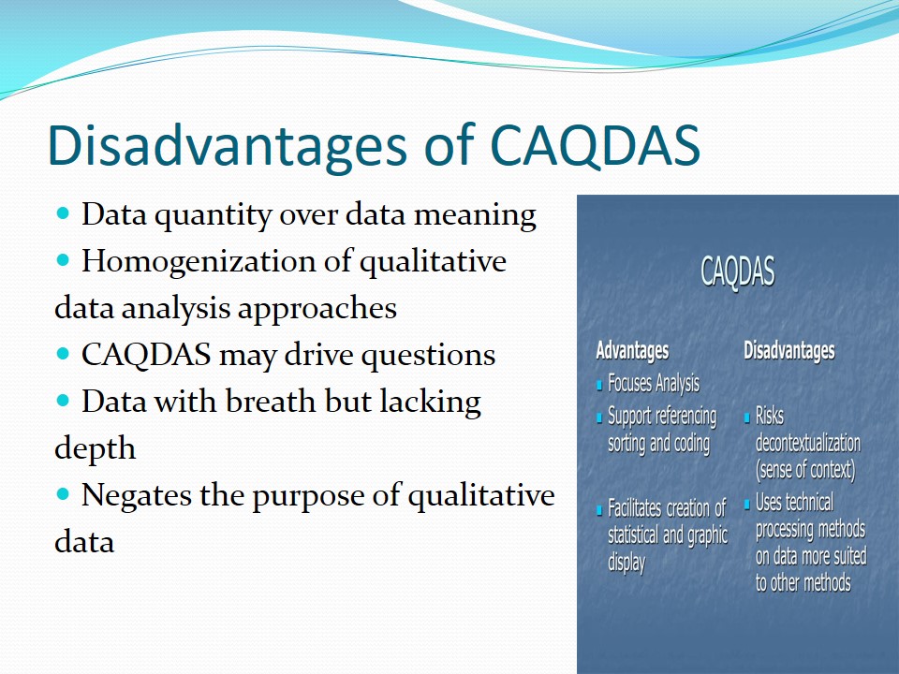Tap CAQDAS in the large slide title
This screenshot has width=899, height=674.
596,146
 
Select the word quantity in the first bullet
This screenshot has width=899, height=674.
214,216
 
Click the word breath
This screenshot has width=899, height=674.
271,401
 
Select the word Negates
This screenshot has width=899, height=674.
137,494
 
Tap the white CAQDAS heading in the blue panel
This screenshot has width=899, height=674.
737,271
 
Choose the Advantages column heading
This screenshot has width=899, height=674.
632,350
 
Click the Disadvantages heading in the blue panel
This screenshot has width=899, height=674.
788,350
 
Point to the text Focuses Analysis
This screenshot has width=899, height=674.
654,384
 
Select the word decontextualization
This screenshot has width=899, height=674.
808,443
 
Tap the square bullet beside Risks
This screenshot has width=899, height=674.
747,418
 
